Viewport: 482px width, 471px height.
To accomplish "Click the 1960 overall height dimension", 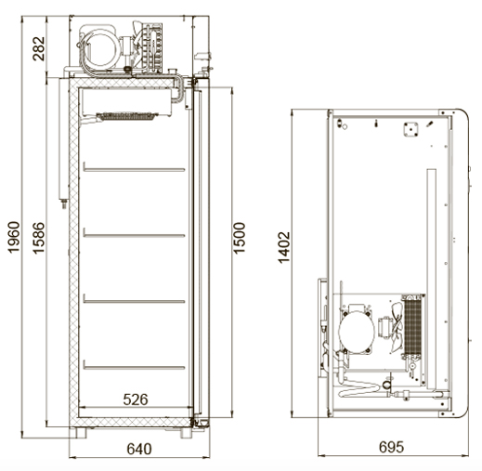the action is click(14, 237).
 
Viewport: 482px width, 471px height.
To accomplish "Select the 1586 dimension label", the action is click(39, 238).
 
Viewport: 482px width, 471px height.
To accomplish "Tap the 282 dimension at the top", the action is click(39, 48).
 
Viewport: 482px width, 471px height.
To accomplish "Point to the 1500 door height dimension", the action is click(239, 238).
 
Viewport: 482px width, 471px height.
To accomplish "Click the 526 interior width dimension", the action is click(136, 399).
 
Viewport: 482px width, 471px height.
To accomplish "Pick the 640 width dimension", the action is click(139, 449).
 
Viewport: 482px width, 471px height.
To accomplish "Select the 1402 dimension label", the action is click(284, 247).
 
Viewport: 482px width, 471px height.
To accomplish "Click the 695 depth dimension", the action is click(392, 447).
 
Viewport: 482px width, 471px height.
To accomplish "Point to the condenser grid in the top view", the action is click(413, 326).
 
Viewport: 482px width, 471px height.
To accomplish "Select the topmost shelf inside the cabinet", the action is click(134, 169).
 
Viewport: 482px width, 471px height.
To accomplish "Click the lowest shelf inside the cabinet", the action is click(134, 367).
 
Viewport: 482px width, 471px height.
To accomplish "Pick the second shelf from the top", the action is click(134, 235).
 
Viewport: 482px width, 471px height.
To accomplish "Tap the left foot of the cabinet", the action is click(81, 433).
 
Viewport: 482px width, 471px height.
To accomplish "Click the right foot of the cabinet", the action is click(186, 433).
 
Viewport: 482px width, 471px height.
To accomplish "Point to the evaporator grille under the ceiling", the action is click(127, 116).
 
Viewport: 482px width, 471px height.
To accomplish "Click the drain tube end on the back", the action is click(64, 204).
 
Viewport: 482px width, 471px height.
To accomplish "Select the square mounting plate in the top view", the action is click(410, 129).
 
